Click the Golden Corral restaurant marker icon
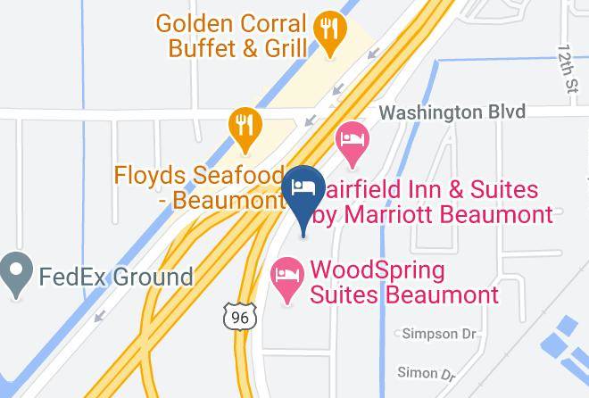[x=331, y=34]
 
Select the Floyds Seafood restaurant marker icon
[x=243, y=129]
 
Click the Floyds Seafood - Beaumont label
[x=198, y=187]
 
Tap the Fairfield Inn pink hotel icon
[x=352, y=144]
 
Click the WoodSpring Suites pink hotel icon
[x=286, y=279]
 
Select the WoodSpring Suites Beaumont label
[x=403, y=282]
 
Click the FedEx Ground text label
[x=115, y=276]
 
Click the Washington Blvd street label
[x=452, y=112]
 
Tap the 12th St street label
[x=568, y=69]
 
